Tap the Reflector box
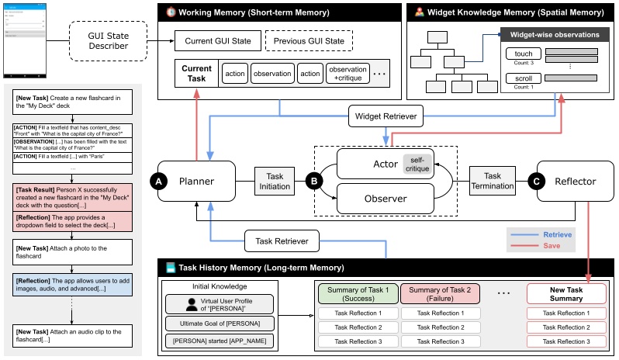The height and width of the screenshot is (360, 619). point(575,182)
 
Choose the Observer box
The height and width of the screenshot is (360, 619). point(385,199)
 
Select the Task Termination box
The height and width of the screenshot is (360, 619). point(493,181)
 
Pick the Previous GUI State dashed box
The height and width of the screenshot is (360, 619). point(309,40)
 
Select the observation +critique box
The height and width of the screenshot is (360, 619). point(347,74)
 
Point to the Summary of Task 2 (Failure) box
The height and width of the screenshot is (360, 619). point(440,293)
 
